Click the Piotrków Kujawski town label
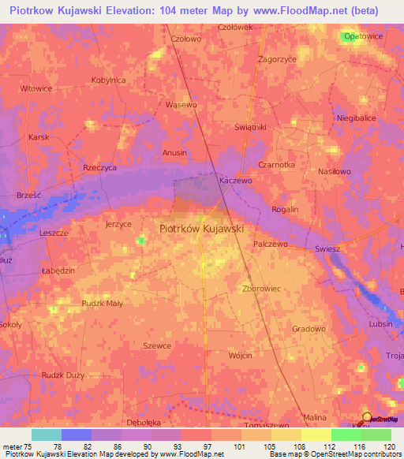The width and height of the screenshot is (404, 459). click(x=201, y=228)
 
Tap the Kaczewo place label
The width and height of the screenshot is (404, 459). click(x=234, y=181)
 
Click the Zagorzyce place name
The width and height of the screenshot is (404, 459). click(x=277, y=59)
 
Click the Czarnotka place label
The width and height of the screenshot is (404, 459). click(x=276, y=165)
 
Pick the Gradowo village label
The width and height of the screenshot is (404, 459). click(x=309, y=329)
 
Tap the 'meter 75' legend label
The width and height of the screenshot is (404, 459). click(x=17, y=447)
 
